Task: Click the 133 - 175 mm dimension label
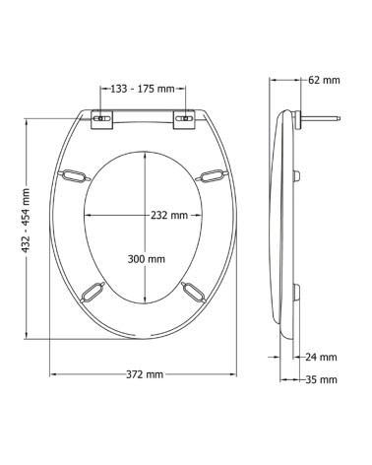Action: pos(143,89)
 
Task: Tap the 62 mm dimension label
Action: pos(324,80)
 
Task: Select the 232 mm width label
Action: pos(169,215)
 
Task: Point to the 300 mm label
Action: pos(147,259)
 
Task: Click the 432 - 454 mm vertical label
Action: pos(26,221)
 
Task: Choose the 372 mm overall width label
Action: pos(145,374)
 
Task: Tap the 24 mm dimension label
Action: pos(321,357)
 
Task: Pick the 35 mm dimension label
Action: pos(321,379)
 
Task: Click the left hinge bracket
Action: pos(101,120)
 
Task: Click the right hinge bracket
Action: pos(184,120)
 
